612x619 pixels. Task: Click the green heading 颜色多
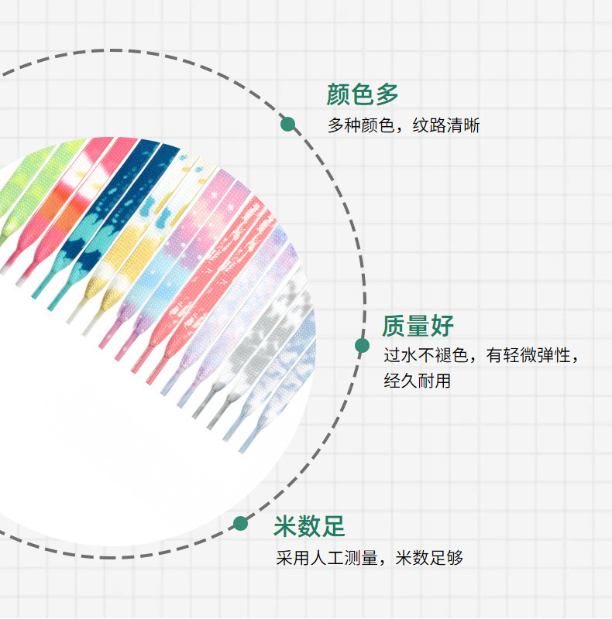(x=363, y=94)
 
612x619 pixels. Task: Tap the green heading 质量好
(x=418, y=326)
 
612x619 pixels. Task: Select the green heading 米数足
(x=309, y=527)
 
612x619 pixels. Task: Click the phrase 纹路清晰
(x=446, y=125)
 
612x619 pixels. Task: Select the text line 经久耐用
(x=417, y=381)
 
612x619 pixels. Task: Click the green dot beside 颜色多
(x=288, y=124)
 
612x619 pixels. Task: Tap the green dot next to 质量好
(x=362, y=346)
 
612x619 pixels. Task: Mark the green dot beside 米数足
(x=241, y=523)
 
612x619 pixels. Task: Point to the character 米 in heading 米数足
(x=285, y=527)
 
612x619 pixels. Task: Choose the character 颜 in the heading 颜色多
(x=339, y=94)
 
